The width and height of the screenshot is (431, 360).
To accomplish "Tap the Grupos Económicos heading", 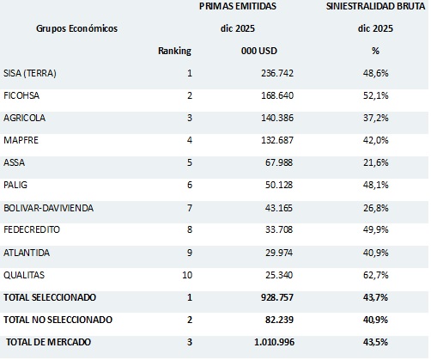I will [76, 28].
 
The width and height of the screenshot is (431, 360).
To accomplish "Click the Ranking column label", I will [174, 52].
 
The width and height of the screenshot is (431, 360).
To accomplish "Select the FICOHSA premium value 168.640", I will [264, 96].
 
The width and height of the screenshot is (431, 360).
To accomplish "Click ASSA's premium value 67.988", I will [267, 163].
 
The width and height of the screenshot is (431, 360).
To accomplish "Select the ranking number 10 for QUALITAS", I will [185, 275].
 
